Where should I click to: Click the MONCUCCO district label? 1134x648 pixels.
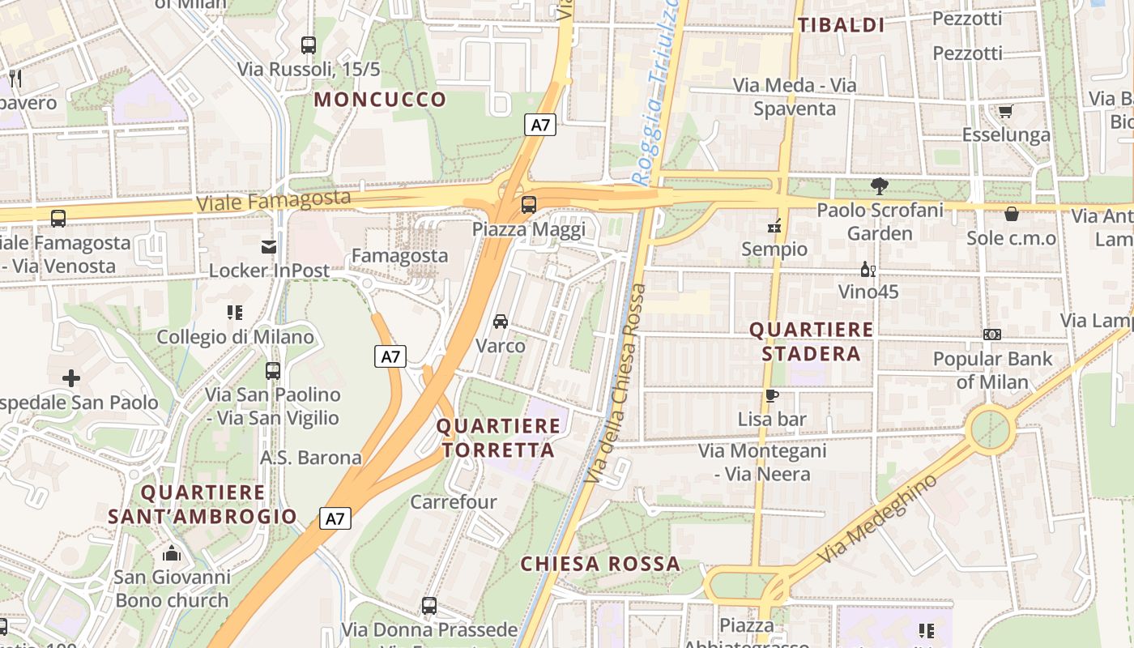click(380, 100)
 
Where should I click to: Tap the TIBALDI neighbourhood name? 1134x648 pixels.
click(841, 25)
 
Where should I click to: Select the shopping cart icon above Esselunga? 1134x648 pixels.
click(1005, 111)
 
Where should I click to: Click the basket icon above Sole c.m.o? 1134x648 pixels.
click(1011, 214)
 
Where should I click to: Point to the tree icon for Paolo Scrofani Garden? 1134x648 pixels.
click(879, 186)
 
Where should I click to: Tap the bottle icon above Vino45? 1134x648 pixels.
click(868, 269)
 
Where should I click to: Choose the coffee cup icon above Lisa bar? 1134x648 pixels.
click(772, 395)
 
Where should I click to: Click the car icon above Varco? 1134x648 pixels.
click(501, 321)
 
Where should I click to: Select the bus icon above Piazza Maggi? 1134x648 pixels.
click(528, 205)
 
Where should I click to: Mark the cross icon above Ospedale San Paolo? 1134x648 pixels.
click(71, 377)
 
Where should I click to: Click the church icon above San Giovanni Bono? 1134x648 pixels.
click(172, 553)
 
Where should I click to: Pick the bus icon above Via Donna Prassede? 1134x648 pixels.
click(429, 605)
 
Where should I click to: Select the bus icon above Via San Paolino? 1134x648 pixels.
click(273, 371)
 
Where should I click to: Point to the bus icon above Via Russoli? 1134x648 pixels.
click(308, 45)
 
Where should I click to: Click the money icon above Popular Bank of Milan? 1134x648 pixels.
click(992, 335)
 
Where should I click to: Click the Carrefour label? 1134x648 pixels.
click(454, 502)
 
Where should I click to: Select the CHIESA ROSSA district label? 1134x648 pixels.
click(599, 564)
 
